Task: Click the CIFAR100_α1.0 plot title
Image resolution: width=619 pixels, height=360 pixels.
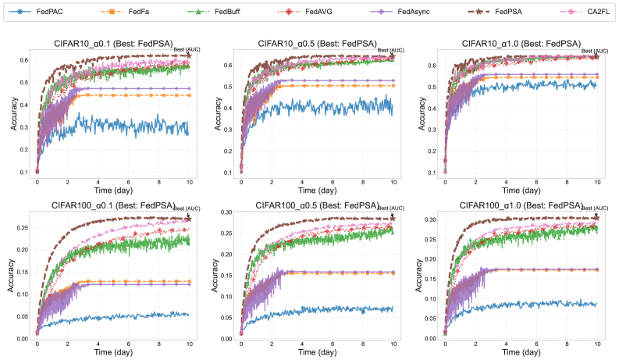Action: (x=520, y=205)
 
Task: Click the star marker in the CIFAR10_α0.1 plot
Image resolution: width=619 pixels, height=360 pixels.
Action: (x=188, y=55)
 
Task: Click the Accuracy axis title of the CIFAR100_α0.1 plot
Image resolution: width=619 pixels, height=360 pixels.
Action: (x=12, y=276)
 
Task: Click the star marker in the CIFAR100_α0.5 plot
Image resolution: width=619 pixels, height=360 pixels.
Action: (x=392, y=219)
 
